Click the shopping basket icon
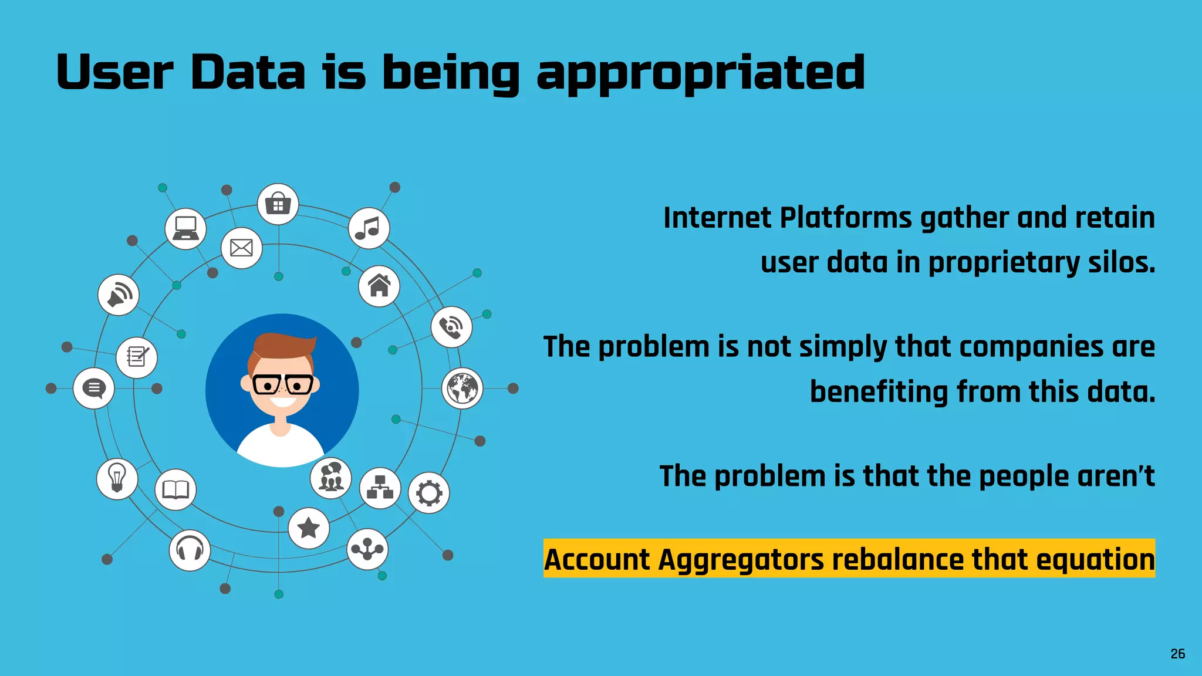[x=278, y=204]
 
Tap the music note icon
[x=369, y=228]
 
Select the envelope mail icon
[x=241, y=248]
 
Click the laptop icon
[x=185, y=228]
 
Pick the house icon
[x=379, y=286]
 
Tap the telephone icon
[x=451, y=327]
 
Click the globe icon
[x=462, y=388]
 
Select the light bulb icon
[x=117, y=479]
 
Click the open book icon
[x=175, y=489]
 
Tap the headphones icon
[x=190, y=550]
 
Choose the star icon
[x=309, y=528]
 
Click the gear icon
[x=429, y=493]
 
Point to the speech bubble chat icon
[x=94, y=388]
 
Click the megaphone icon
[x=119, y=295]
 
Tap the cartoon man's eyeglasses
[x=282, y=385]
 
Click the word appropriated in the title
[x=701, y=73]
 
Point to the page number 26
[x=1177, y=654]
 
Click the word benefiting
[x=879, y=392]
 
